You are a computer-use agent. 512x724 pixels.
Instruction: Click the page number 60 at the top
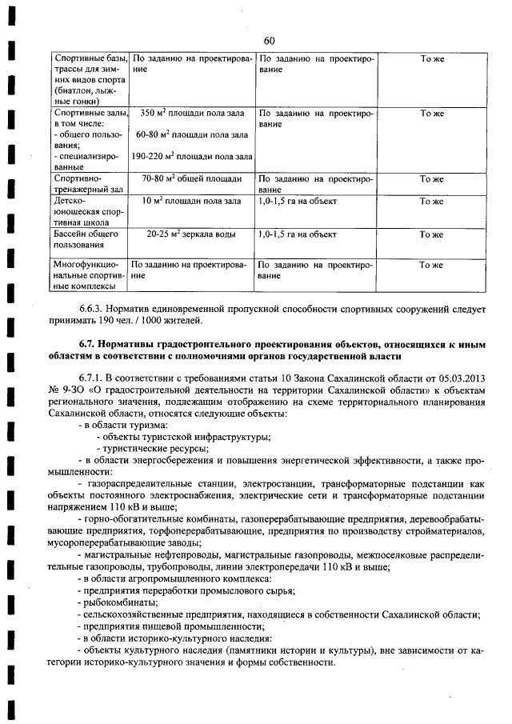click(268, 41)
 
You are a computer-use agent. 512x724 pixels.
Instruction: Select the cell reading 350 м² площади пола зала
click(191, 114)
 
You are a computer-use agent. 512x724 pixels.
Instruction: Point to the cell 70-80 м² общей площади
click(191, 179)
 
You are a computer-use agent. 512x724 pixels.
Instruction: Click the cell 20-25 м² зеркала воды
click(191, 234)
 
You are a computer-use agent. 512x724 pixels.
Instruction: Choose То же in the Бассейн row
click(431, 234)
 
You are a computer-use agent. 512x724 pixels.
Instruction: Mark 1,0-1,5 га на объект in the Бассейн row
click(298, 234)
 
